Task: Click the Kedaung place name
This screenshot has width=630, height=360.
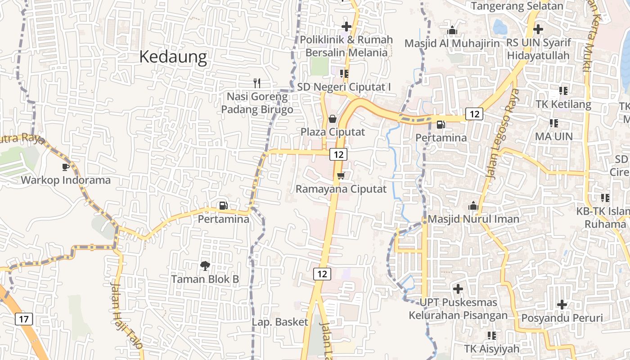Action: click(x=173, y=57)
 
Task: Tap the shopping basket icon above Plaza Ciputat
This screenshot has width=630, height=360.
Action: click(x=332, y=119)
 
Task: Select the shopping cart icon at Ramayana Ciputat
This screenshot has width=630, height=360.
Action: click(x=341, y=175)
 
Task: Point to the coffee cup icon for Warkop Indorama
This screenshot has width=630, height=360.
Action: click(x=66, y=167)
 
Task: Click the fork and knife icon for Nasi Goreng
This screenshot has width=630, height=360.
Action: click(x=257, y=83)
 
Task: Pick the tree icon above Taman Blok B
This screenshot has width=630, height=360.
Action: click(x=205, y=265)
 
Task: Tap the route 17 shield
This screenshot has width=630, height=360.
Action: click(x=24, y=319)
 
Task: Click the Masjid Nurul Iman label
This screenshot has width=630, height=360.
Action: click(x=473, y=219)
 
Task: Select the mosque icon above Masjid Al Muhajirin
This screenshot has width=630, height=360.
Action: click(x=452, y=30)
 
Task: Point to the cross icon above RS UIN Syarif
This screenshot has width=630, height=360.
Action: click(x=538, y=29)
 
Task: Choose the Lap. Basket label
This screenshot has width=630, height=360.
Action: click(x=280, y=322)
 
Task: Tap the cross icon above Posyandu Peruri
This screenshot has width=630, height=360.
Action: click(x=562, y=305)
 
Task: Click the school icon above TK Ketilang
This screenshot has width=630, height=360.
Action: click(x=563, y=91)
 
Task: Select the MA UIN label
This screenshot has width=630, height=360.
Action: click(x=553, y=136)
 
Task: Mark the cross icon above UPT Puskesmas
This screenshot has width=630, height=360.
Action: click(x=458, y=288)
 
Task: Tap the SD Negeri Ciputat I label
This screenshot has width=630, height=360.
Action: click(x=344, y=87)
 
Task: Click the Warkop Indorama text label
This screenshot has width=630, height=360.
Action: click(x=66, y=180)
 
